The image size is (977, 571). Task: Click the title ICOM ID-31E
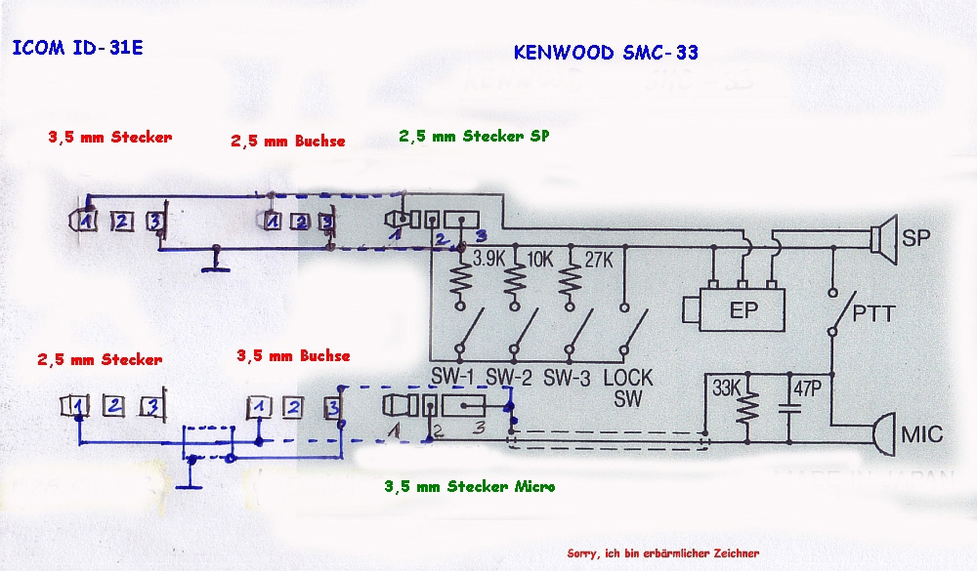77,48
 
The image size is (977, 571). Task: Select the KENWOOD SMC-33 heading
606,53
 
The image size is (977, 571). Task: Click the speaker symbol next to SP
883,237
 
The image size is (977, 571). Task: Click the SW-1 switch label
454,377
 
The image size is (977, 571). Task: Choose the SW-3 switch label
569,377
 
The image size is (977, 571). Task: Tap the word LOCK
628,377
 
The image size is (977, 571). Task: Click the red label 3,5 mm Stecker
109,138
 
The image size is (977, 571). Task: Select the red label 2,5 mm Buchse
288,141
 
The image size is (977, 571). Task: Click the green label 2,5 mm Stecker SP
474,137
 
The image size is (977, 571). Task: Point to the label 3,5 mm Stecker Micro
469,485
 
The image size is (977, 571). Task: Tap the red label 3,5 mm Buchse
293,355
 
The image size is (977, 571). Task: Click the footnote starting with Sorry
661,552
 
